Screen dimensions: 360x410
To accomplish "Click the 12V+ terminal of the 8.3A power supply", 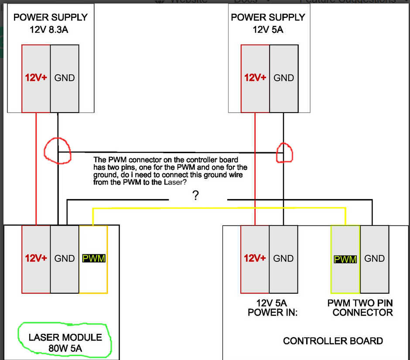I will (36, 78).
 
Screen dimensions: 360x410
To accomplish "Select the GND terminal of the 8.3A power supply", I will (65, 78).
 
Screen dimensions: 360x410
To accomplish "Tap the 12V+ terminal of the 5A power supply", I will (255, 78).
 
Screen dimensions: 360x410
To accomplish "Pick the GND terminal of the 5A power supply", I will (284, 78).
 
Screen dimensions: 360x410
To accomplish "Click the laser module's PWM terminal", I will (93, 259).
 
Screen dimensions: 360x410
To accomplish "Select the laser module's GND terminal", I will (65, 259).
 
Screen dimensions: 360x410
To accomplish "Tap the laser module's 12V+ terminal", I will (36, 259).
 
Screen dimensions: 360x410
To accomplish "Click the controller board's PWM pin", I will (345, 259).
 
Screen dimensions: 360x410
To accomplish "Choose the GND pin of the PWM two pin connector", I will (374, 259).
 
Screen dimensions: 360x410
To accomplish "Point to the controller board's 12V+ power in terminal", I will (255, 259).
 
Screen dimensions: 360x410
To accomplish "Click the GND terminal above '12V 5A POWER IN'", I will (284, 259).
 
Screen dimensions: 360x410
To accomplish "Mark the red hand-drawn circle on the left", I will (57, 151).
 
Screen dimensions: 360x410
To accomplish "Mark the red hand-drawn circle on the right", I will (284, 152).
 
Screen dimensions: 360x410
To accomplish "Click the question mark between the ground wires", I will (195, 196).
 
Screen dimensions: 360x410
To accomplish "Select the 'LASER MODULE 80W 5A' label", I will (65, 343).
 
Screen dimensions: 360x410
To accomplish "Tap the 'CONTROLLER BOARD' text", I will (333, 341).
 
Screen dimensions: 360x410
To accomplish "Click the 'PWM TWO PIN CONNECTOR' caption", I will (360, 308).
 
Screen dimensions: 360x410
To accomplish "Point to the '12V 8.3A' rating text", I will (50, 30).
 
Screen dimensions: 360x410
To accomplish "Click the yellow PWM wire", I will (218, 209).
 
